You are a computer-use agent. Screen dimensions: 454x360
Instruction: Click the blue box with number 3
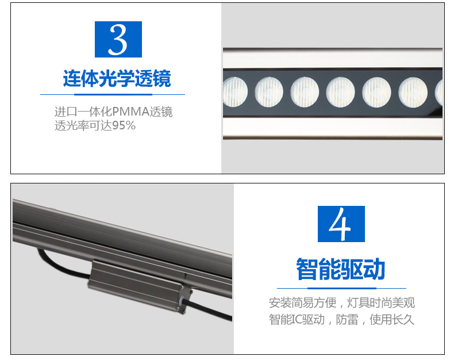(x=118, y=39)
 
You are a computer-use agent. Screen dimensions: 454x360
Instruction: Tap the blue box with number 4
(x=341, y=224)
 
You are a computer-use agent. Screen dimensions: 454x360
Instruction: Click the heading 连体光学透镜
(x=117, y=78)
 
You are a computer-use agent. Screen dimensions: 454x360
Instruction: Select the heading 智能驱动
(x=341, y=269)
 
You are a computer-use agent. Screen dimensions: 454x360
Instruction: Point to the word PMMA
(x=131, y=112)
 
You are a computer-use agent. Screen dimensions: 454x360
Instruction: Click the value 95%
(x=124, y=125)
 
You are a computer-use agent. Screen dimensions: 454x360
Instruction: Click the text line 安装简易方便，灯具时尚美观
(x=342, y=302)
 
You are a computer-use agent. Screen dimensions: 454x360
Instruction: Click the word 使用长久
(x=392, y=319)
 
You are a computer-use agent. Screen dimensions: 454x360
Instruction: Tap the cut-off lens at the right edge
(x=438, y=92)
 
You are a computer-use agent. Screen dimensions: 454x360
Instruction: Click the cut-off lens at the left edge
(x=235, y=92)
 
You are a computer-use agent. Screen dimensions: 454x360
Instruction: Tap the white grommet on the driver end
(x=182, y=300)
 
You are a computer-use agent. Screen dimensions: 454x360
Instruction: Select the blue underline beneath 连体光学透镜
(x=113, y=94)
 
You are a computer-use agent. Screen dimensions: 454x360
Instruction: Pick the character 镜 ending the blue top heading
(x=162, y=78)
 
